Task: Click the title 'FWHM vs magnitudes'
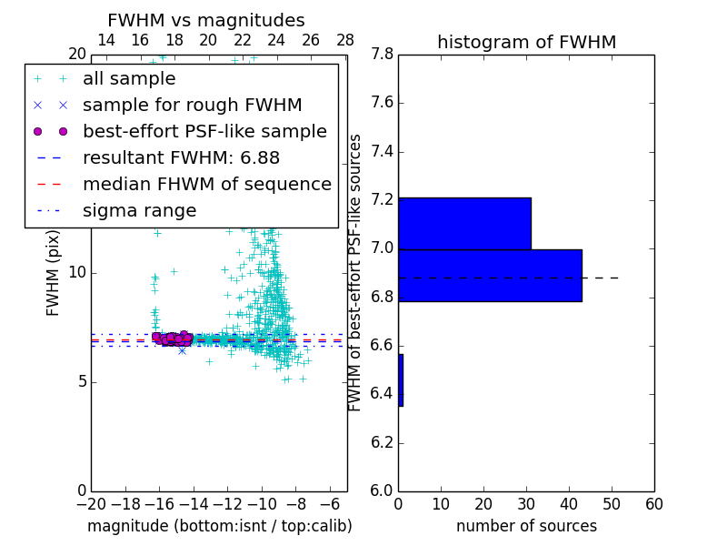pyautogui.click(x=205, y=21)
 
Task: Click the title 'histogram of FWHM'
pyautogui.click(x=526, y=43)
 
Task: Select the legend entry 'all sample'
pyautogui.click(x=129, y=79)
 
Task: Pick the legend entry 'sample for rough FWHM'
pyautogui.click(x=192, y=106)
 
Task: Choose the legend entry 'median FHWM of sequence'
pyautogui.click(x=206, y=185)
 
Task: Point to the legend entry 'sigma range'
pyautogui.click(x=139, y=211)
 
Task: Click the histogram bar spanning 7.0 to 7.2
pyautogui.click(x=464, y=223)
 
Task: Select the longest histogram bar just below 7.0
pyautogui.click(x=490, y=275)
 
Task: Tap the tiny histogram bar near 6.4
pyautogui.click(x=401, y=380)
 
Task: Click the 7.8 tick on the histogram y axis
pyautogui.click(x=381, y=55)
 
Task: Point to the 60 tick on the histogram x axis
pyautogui.click(x=653, y=504)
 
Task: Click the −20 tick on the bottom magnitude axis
pyautogui.click(x=91, y=504)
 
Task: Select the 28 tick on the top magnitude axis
pyautogui.click(x=345, y=40)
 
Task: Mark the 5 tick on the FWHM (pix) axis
pyautogui.click(x=80, y=381)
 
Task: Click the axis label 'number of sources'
pyautogui.click(x=526, y=526)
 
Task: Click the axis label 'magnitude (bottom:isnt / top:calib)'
pyautogui.click(x=219, y=526)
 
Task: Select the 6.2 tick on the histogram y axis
pyautogui.click(x=381, y=443)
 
